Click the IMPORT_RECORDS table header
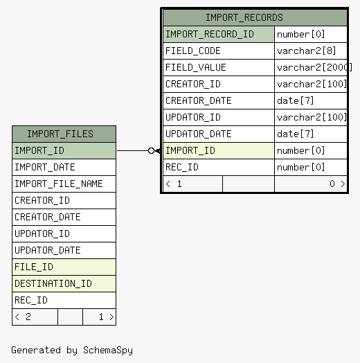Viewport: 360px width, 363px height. pos(244,17)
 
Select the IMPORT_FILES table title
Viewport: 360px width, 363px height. pos(60,134)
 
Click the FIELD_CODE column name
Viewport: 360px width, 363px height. pos(193,51)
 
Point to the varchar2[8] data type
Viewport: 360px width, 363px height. pos(306,51)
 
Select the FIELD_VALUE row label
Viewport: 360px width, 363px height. pos(196,68)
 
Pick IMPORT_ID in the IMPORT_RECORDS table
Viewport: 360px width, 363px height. pos(190,151)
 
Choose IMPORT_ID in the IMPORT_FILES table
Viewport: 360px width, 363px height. pos(39,151)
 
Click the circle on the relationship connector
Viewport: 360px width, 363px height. pos(151,151)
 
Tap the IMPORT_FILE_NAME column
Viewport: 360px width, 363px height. pos(59,184)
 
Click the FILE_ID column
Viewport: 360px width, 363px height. pos(34,267)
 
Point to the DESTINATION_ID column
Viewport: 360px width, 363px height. pos(53,283)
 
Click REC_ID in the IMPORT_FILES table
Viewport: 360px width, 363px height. pos(31,300)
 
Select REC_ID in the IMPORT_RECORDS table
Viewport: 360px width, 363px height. pos(182,167)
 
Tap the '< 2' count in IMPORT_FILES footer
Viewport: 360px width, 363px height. pos(23,317)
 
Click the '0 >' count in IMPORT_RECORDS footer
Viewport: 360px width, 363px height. pos(337,184)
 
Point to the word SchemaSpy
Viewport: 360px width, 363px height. pos(108,351)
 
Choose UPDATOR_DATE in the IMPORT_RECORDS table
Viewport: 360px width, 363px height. pos(199,134)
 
